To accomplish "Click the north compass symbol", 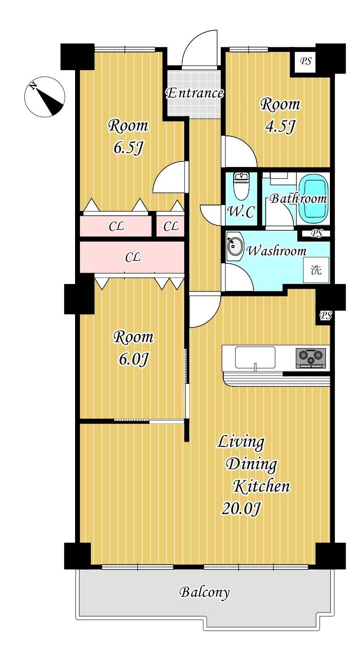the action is click(44, 97).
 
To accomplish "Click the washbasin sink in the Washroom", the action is click(235, 246).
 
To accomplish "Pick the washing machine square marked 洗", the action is click(317, 270).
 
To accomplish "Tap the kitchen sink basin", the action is click(255, 357).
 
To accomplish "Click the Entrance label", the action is click(195, 93).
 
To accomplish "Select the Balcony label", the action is click(204, 592).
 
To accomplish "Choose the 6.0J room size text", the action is click(133, 359).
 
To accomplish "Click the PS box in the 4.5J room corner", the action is click(306, 62).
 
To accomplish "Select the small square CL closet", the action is click(170, 226).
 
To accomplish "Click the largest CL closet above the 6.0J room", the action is click(132, 257).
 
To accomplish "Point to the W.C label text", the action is click(241, 212).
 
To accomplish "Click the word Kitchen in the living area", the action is click(262, 486).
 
